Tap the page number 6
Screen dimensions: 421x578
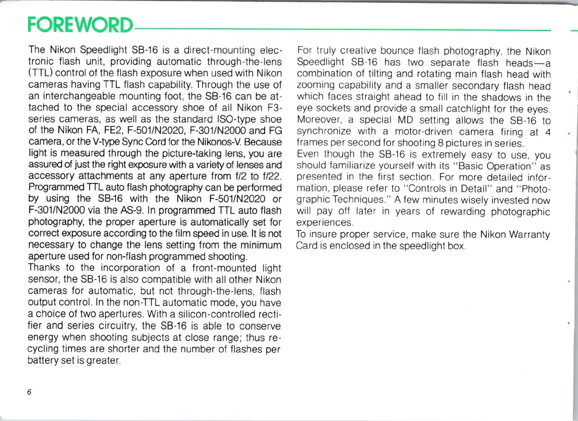(28, 392)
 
